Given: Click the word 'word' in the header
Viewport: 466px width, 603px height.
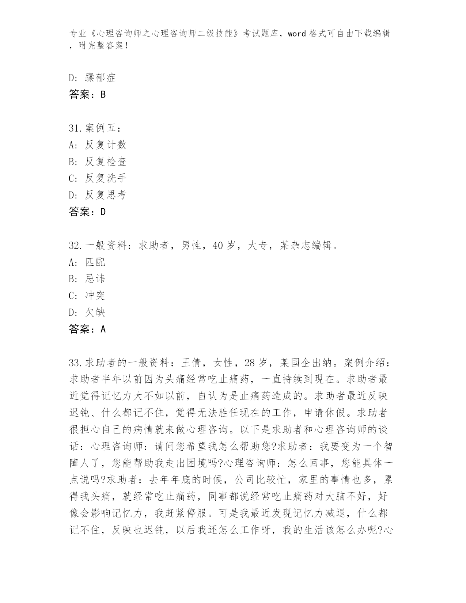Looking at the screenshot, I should (296, 34).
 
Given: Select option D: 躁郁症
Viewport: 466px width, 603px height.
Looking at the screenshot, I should (92, 77).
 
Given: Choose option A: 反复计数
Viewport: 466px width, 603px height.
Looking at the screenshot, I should (98, 145).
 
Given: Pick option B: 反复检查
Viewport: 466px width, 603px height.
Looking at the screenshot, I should (98, 162).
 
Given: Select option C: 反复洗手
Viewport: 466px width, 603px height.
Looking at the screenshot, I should (98, 178).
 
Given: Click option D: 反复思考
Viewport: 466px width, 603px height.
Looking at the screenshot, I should (98, 195).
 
